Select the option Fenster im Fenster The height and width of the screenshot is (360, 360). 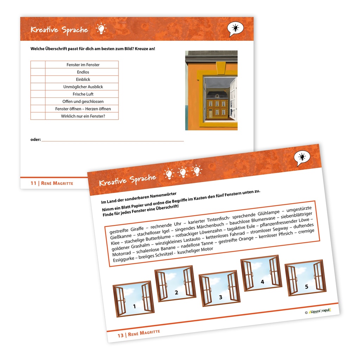pyautogui.click(x=83, y=65)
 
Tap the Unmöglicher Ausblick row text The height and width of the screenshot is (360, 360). pyautogui.click(x=83, y=87)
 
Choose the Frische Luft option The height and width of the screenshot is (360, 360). pyautogui.click(x=83, y=94)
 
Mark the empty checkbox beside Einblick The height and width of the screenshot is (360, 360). pyautogui.click(x=38, y=79)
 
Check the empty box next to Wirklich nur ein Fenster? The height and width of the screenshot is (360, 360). pyautogui.click(x=38, y=116)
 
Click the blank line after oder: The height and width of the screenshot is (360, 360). pyautogui.click(x=112, y=141)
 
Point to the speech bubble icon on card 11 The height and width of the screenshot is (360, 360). pyautogui.click(x=235, y=29)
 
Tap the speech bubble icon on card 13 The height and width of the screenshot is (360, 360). pyautogui.click(x=302, y=158)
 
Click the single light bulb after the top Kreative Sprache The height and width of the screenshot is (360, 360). pyautogui.click(x=101, y=29)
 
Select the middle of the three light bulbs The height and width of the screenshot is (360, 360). pyautogui.click(x=183, y=172)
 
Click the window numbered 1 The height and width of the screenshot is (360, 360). pyautogui.click(x=134, y=299)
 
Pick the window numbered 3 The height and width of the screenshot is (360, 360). pyautogui.click(x=219, y=288)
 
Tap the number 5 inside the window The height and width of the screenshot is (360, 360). pyautogui.click(x=307, y=287)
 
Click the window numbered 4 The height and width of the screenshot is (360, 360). pyautogui.click(x=261, y=273)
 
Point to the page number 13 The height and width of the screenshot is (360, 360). pyautogui.click(x=121, y=336)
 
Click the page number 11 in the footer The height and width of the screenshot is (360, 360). pyautogui.click(x=33, y=183)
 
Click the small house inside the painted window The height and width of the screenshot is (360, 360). pyautogui.click(x=217, y=105)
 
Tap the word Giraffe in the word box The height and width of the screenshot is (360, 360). pyautogui.click(x=137, y=229)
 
